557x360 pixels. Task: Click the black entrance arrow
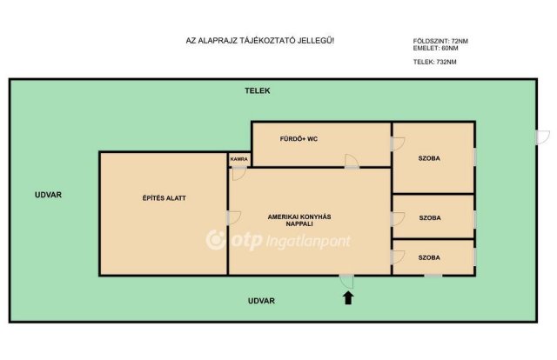tap(348, 298)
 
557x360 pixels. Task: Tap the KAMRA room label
tap(239, 159)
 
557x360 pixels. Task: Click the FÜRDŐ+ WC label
tap(299, 139)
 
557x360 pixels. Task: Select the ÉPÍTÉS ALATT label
tap(164, 198)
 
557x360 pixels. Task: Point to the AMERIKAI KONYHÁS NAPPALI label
tap(299, 221)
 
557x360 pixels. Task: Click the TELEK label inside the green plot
tap(258, 91)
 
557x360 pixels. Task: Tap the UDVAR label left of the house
tap(49, 195)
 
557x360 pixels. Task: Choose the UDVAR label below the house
tap(261, 301)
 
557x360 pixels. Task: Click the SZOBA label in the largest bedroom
tap(429, 158)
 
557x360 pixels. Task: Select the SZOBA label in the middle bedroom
tap(430, 218)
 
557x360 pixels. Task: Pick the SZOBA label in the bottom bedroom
tap(429, 257)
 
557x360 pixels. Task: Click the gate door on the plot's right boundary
tap(542, 137)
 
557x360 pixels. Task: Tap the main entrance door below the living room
tap(346, 282)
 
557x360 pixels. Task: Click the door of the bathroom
tap(352, 161)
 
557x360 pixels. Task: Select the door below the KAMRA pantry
tap(239, 174)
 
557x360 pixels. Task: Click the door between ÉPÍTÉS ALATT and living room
tap(234, 218)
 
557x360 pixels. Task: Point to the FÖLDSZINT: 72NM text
tap(440, 41)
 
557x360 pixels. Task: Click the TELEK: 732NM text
tap(435, 62)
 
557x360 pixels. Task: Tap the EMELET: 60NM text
tap(435, 49)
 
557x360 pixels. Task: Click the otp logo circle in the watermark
tap(216, 240)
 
